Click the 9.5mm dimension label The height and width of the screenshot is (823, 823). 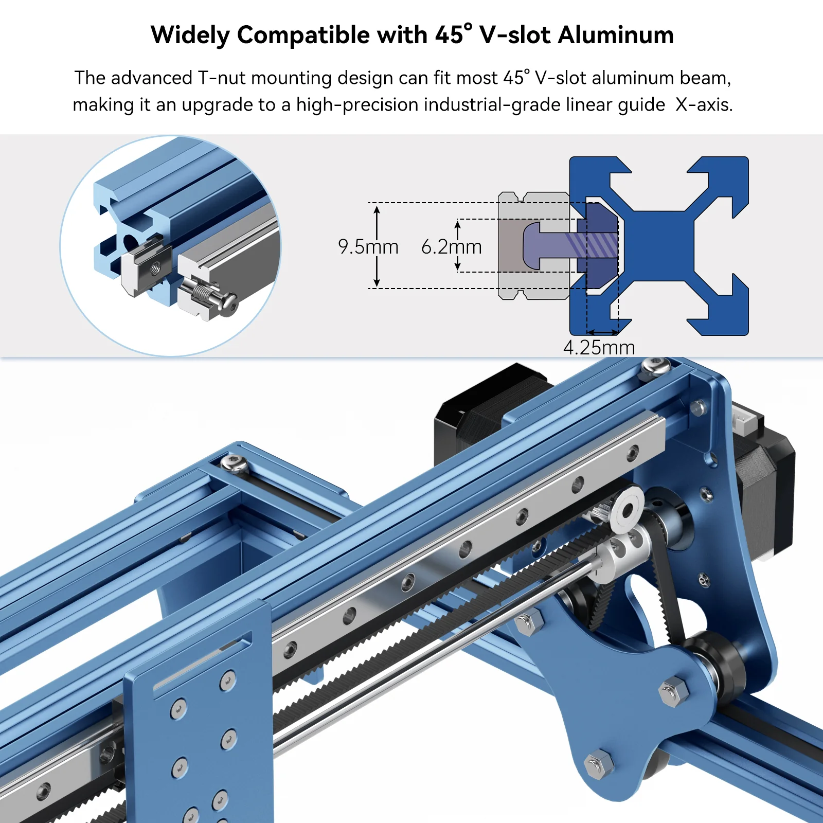click(x=368, y=247)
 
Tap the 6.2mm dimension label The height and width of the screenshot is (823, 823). click(x=451, y=247)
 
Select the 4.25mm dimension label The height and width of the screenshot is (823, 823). click(x=599, y=348)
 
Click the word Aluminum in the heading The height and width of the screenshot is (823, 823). click(x=616, y=35)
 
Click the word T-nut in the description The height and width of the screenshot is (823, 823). click(x=222, y=78)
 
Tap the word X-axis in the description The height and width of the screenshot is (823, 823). click(x=704, y=104)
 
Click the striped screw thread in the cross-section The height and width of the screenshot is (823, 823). click(x=592, y=245)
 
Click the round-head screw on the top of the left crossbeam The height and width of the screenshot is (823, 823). click(x=235, y=463)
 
